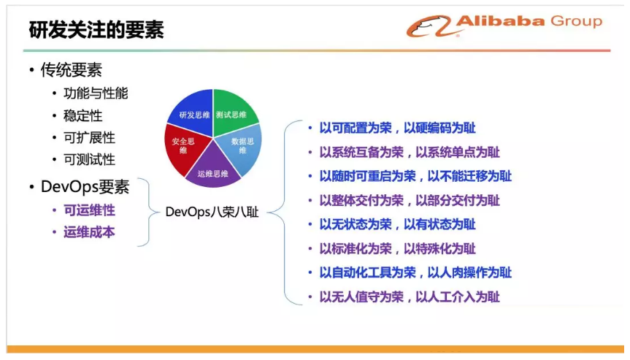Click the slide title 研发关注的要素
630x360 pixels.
[x=96, y=30]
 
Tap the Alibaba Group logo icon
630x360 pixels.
[x=429, y=26]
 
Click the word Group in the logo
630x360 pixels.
[x=576, y=21]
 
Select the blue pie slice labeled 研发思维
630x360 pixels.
[x=193, y=112]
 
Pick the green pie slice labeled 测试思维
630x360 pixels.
[x=232, y=112]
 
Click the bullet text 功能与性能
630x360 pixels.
[x=96, y=93]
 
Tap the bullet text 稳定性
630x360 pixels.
[x=82, y=115]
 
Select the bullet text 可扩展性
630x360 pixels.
[x=89, y=138]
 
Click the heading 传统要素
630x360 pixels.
[x=71, y=70]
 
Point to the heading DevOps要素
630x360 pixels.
[x=85, y=187]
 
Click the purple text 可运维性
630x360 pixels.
[x=89, y=210]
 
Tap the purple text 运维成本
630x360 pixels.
[x=89, y=232]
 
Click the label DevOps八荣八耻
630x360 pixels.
[x=212, y=212]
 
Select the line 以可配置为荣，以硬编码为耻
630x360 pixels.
[x=397, y=129]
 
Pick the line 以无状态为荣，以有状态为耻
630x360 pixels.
[x=397, y=224]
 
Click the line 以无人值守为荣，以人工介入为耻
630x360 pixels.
[x=410, y=297]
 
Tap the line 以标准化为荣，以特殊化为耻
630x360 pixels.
[x=397, y=249]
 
